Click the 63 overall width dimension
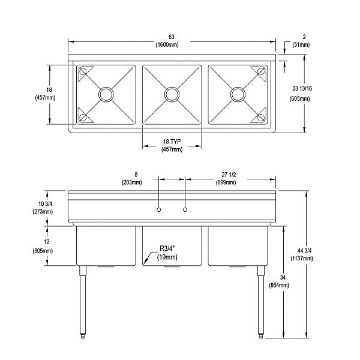172,36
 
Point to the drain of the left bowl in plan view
106,94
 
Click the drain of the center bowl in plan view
172,94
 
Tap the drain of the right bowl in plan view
238,94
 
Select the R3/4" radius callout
169,248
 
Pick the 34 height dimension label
280,277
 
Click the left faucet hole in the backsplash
158,209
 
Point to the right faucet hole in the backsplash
185,209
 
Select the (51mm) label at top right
304,44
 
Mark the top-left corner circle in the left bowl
83,71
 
